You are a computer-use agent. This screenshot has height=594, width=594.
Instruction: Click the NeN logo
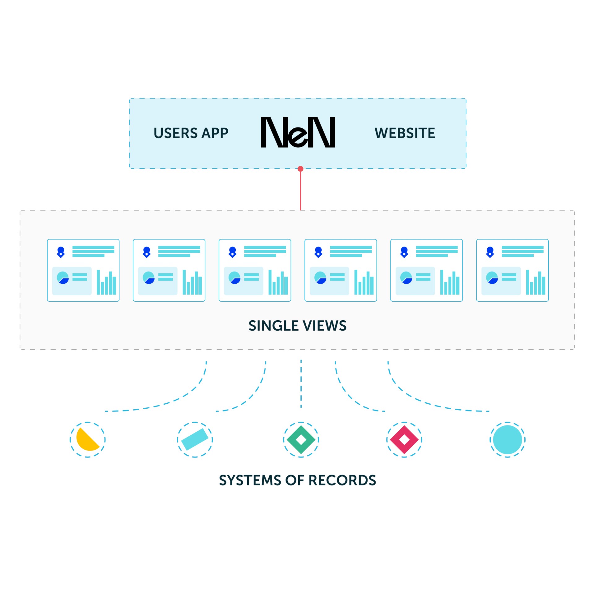(x=298, y=132)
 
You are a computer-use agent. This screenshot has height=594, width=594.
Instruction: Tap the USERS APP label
(x=191, y=133)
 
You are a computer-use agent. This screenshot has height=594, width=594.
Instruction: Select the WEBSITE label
(x=405, y=133)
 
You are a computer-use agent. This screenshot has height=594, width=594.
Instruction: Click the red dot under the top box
(x=300, y=169)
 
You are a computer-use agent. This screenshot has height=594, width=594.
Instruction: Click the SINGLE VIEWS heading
(x=297, y=325)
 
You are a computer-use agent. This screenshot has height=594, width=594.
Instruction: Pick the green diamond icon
(x=301, y=439)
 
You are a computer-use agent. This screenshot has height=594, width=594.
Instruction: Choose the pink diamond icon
(x=404, y=439)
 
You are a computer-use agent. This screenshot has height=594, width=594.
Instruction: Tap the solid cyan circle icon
(x=507, y=439)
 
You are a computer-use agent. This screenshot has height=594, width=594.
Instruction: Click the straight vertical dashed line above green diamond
(x=301, y=384)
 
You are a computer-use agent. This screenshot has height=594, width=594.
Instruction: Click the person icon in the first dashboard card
(x=61, y=252)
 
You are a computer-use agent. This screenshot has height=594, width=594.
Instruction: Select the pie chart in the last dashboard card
(x=492, y=278)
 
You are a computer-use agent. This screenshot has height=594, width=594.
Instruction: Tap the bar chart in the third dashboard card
(x=278, y=282)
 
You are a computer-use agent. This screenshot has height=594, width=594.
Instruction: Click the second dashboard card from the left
(x=169, y=270)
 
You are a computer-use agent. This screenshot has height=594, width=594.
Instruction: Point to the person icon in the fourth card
(x=318, y=252)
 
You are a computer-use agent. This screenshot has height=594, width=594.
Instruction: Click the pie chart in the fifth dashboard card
(x=406, y=278)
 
